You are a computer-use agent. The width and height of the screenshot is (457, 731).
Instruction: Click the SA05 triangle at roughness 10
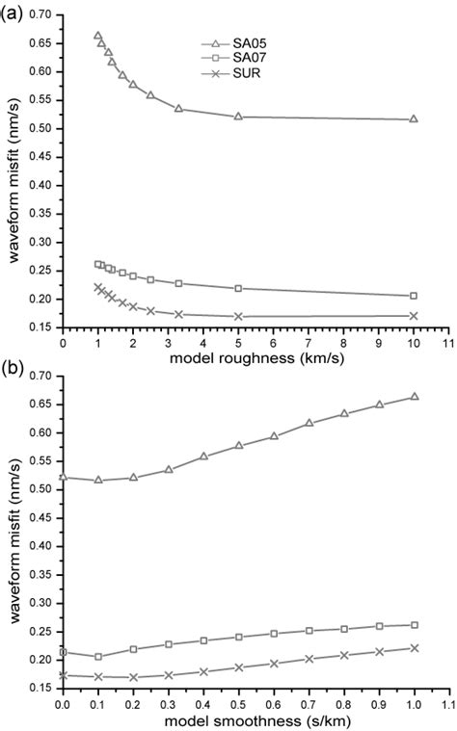(x=414, y=118)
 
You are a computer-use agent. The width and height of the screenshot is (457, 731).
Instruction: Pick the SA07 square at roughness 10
(x=414, y=296)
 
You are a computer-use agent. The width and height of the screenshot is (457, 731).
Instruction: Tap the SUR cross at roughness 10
(x=414, y=315)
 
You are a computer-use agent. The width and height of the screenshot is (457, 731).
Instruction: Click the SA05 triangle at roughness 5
(x=238, y=117)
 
